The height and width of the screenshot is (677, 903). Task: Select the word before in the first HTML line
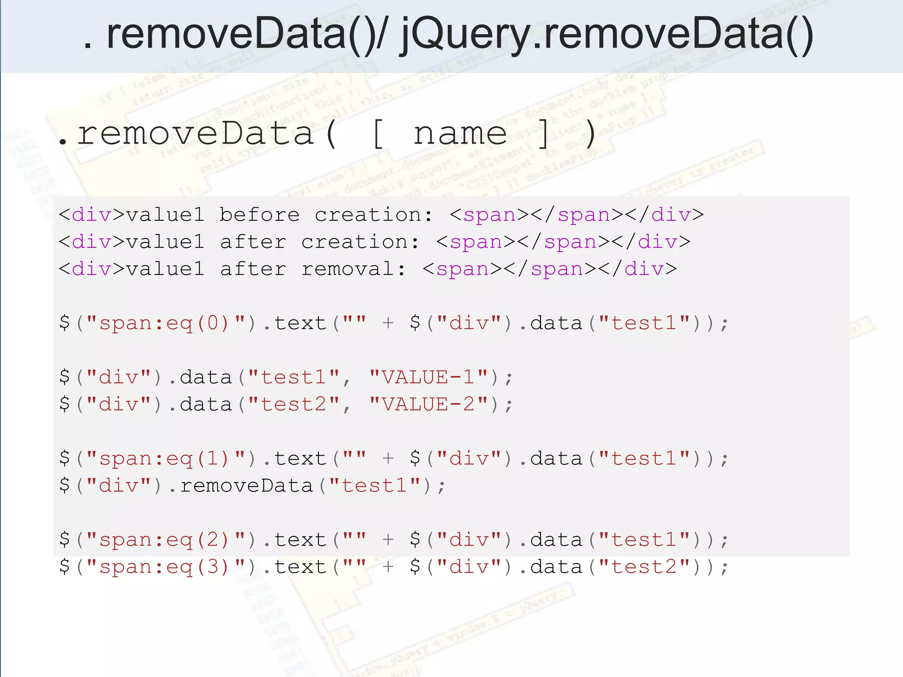pos(259,215)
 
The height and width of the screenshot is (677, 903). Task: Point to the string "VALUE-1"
pos(429,377)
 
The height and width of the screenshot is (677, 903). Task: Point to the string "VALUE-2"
pos(429,404)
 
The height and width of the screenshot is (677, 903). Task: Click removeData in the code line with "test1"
pos(246,486)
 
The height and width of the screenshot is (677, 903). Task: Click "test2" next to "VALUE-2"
pos(294,404)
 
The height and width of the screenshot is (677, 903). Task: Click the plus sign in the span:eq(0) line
pos(388,323)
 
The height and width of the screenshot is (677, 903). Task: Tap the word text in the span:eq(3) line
pos(300,567)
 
